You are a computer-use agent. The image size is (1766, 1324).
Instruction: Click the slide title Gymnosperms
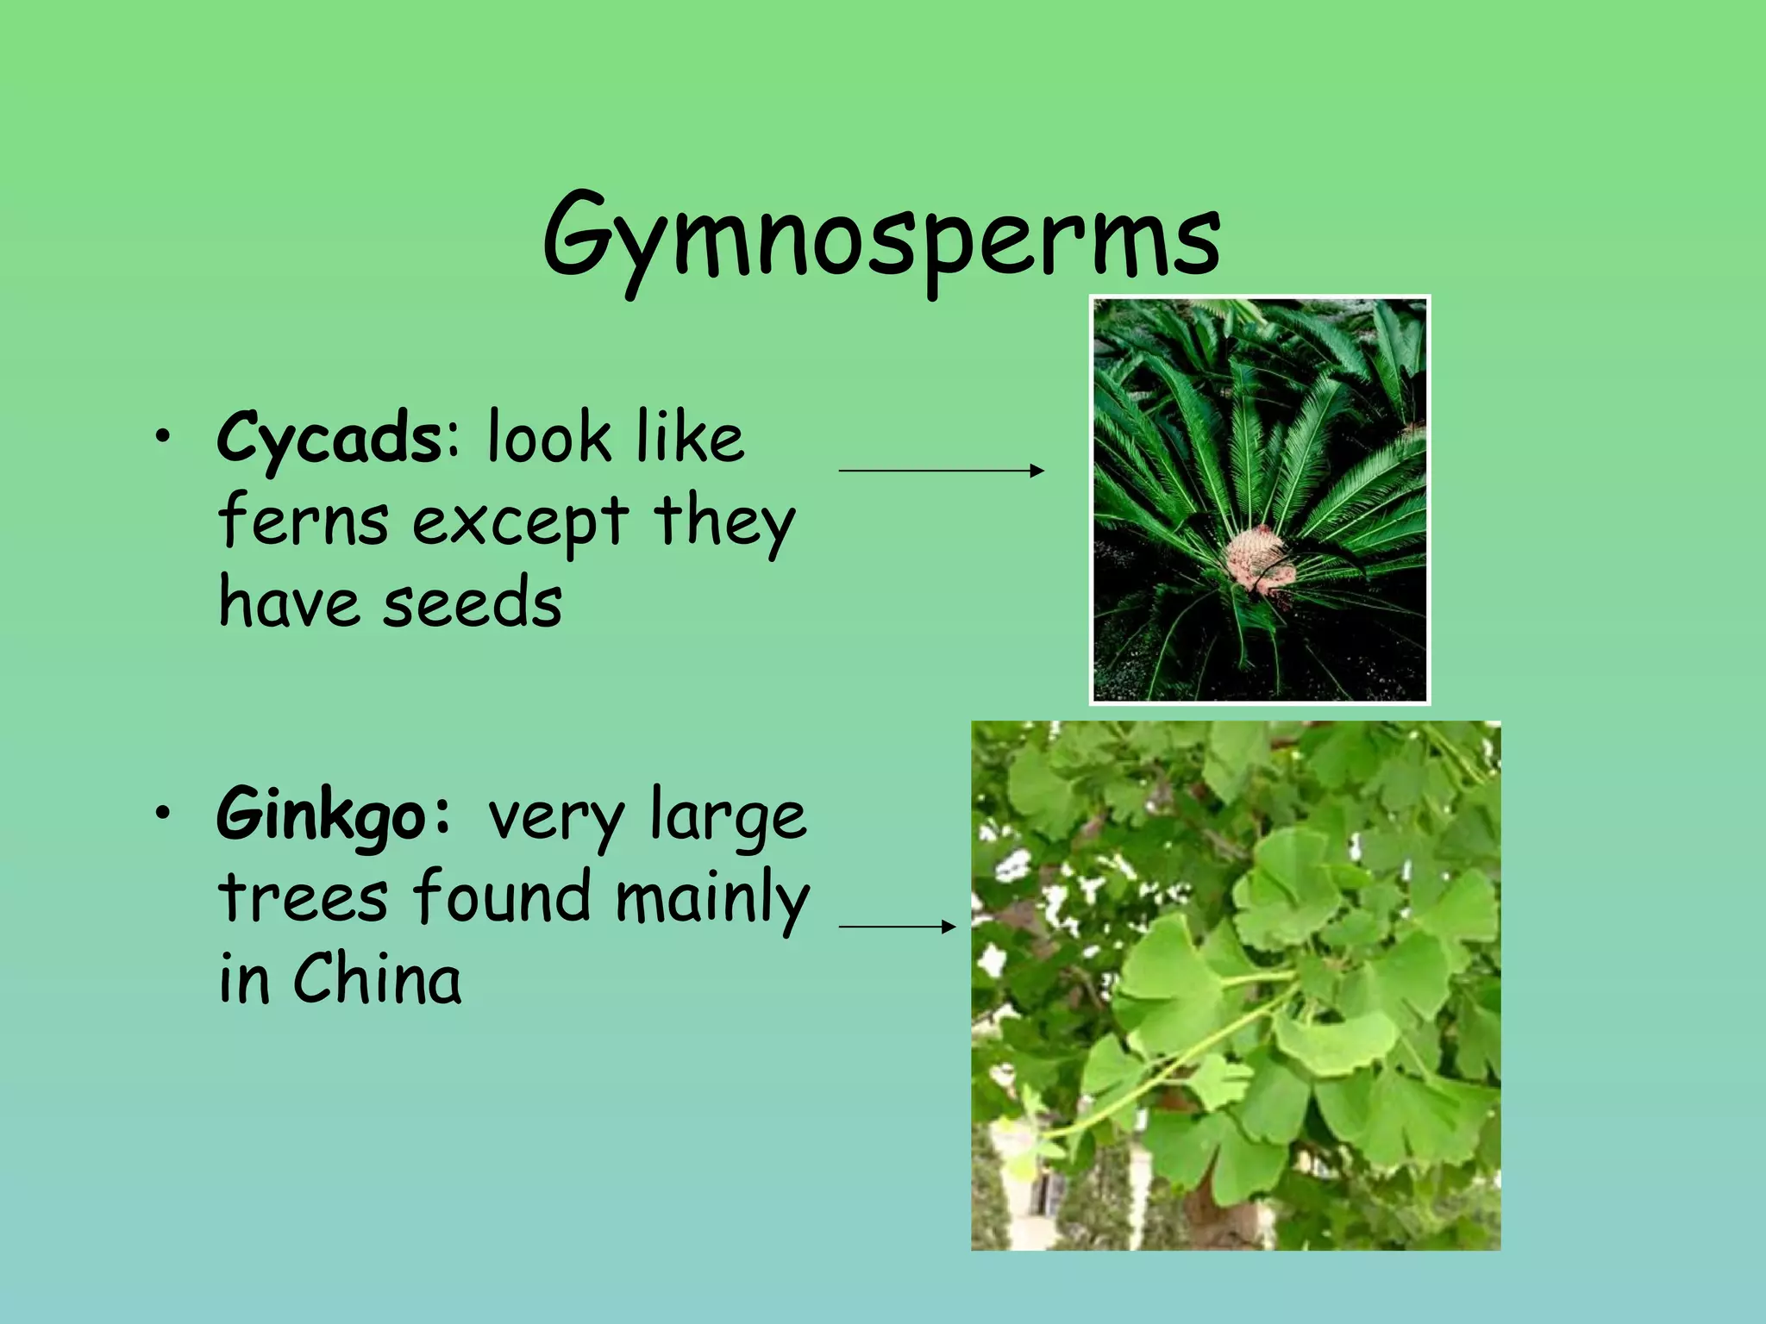[x=881, y=237]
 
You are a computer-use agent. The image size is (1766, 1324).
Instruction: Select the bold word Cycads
[x=329, y=438]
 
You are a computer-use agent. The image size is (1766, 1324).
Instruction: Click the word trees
[x=304, y=897]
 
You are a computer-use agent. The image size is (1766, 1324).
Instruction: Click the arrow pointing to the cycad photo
[x=941, y=471]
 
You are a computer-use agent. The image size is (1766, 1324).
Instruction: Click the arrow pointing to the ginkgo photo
[x=897, y=927]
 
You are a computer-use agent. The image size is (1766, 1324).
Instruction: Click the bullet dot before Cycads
[x=162, y=439]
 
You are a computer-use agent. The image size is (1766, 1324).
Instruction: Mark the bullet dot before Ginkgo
[x=162, y=815]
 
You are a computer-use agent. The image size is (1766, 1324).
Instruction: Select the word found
[x=502, y=897]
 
